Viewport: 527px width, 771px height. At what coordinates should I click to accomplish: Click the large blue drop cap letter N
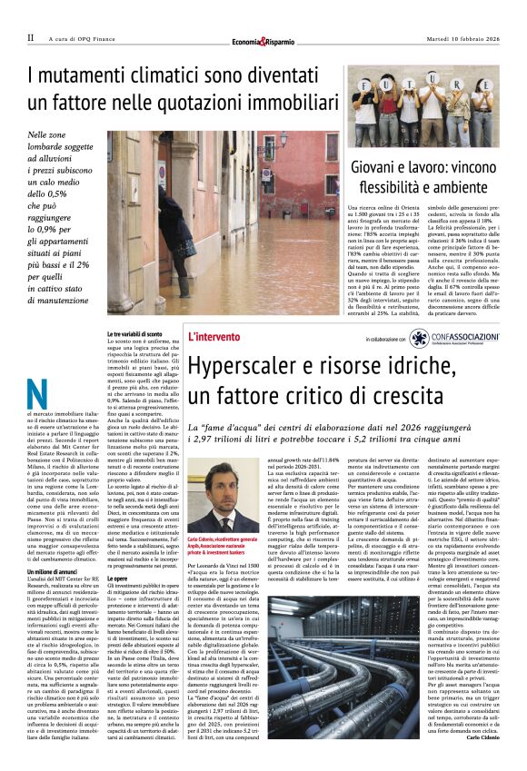coord(37,394)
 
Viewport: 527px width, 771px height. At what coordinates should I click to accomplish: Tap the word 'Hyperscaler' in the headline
coord(243,368)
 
